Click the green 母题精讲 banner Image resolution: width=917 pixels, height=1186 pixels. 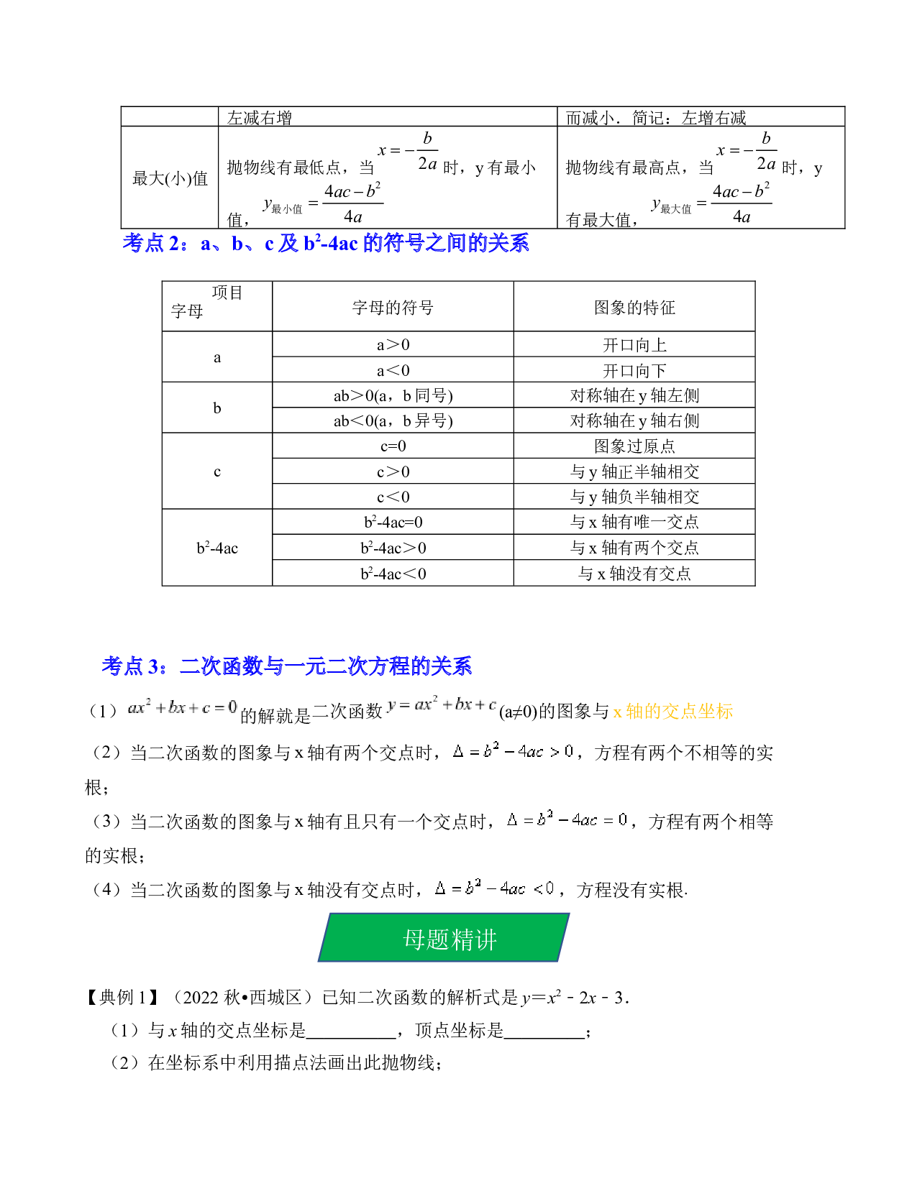[x=444, y=938]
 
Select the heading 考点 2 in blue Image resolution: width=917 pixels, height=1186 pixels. [x=326, y=243]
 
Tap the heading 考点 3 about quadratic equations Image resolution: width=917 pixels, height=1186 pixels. [x=287, y=666]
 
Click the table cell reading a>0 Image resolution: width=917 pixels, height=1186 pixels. [x=393, y=345]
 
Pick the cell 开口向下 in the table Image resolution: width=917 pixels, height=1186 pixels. [x=634, y=371]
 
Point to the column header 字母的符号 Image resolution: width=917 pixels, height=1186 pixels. [x=393, y=308]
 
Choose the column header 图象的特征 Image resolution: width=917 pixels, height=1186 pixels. [x=634, y=308]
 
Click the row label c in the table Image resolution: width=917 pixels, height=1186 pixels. [x=216, y=472]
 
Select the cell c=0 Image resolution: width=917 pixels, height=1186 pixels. [x=393, y=446]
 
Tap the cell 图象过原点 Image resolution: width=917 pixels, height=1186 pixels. [x=634, y=446]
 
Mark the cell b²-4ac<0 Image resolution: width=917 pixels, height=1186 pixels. [x=393, y=574]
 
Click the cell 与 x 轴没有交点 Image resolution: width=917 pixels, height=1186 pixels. [x=634, y=574]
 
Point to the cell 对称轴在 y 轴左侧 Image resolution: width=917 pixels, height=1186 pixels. [x=634, y=396]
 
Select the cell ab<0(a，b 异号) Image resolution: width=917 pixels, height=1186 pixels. [x=393, y=420]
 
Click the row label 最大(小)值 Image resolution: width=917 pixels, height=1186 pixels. [x=170, y=178]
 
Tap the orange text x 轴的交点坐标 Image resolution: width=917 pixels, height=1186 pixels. [x=673, y=711]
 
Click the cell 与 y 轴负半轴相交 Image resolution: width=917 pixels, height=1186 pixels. [x=634, y=497]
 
